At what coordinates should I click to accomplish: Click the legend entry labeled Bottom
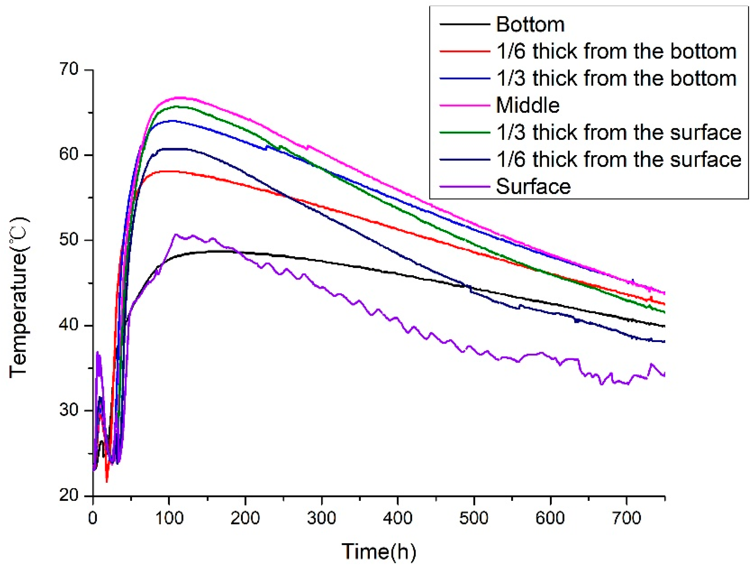[530, 24]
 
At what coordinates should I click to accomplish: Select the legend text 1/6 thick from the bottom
[616, 51]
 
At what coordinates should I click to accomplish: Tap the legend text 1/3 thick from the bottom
[616, 79]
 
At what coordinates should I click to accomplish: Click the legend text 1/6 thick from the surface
[619, 159]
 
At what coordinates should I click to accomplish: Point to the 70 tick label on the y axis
[69, 70]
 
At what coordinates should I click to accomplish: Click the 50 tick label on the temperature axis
[69, 240]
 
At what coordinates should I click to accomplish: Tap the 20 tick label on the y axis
[69, 495]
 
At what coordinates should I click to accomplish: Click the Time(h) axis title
[379, 552]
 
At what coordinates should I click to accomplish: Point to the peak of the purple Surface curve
[176, 234]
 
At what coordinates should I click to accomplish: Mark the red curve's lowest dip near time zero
[107, 482]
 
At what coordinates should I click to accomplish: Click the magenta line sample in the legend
[465, 105]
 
